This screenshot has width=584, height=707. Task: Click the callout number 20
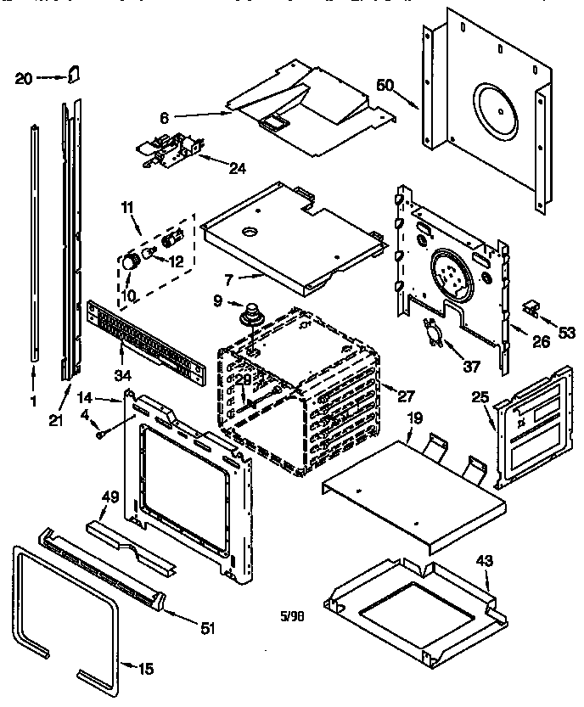click(x=25, y=79)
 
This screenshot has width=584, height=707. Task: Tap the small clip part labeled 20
click(x=75, y=76)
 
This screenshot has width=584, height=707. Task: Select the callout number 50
click(x=385, y=87)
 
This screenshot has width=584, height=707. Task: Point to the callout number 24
click(x=238, y=168)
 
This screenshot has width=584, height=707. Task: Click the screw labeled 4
click(x=101, y=434)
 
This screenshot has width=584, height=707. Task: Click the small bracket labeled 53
click(x=533, y=308)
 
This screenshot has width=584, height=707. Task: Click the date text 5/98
click(x=292, y=617)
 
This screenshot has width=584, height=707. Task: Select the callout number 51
click(x=208, y=628)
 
